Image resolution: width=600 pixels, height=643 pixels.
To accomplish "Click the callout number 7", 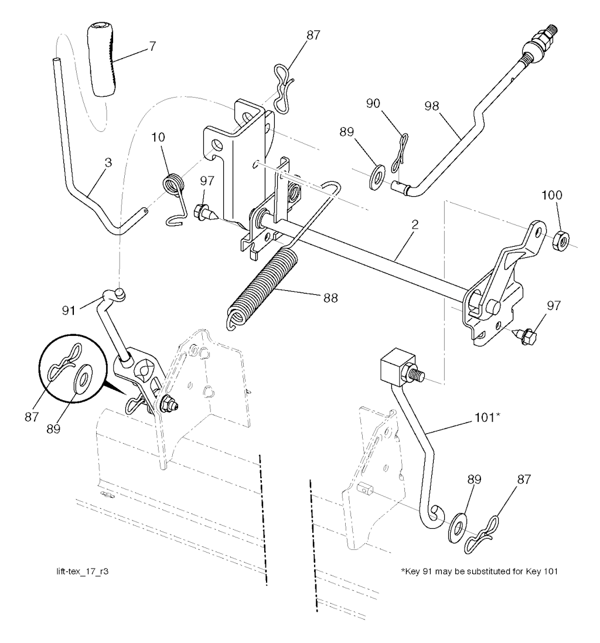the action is [x=152, y=46].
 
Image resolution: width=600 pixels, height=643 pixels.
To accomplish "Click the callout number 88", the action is [x=330, y=298].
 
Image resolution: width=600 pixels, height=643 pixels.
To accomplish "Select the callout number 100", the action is [x=552, y=195].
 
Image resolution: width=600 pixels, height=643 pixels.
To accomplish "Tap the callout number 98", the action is [x=431, y=106].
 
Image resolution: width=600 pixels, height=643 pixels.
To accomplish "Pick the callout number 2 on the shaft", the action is [x=415, y=224].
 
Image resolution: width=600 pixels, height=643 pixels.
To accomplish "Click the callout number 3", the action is [x=108, y=162].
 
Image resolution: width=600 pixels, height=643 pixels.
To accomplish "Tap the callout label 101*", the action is [x=487, y=417].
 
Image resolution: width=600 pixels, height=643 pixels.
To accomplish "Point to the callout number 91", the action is [x=69, y=311].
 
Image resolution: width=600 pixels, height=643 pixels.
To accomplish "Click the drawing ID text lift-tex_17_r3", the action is [x=83, y=571].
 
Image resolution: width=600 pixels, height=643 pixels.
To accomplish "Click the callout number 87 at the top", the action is [x=313, y=35].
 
